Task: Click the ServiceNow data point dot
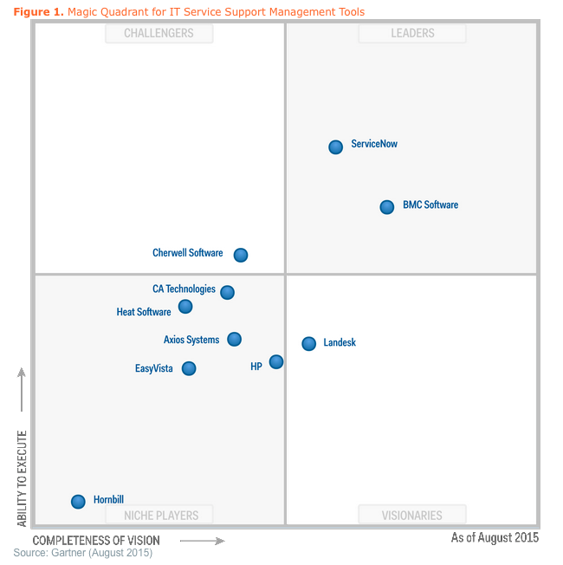[x=336, y=147]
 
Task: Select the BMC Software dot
[x=387, y=207]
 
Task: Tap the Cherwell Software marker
[x=241, y=255]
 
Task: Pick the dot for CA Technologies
[x=227, y=292]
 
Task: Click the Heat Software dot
[x=185, y=306]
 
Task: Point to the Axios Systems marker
[x=234, y=339]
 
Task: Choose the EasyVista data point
[x=189, y=368]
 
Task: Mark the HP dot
[x=276, y=361]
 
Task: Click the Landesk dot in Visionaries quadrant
[x=309, y=344]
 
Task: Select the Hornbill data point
[x=78, y=501]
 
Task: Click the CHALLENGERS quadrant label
[x=159, y=34]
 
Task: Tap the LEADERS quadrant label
[x=412, y=34]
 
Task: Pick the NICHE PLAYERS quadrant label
[x=160, y=515]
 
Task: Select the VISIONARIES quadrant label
[x=412, y=515]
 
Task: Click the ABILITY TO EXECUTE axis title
[x=23, y=478]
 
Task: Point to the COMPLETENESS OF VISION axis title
[x=96, y=541]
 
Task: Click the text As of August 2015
[x=495, y=538]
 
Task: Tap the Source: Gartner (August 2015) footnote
[x=82, y=553]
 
